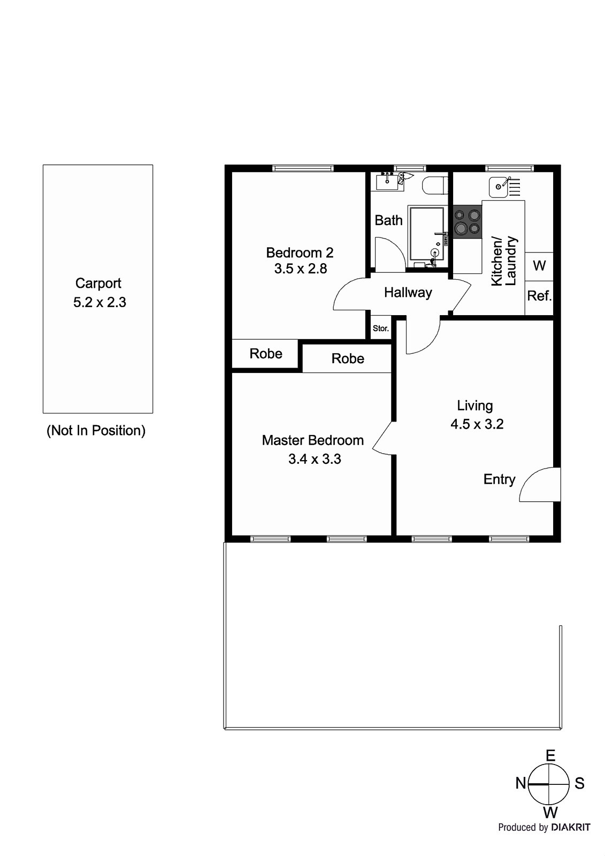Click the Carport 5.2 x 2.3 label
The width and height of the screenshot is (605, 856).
pyautogui.click(x=99, y=293)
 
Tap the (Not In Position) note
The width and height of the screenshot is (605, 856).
pyautogui.click(x=96, y=430)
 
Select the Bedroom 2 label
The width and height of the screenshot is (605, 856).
pyautogui.click(x=300, y=252)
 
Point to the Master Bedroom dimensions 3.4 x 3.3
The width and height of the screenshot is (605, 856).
pyautogui.click(x=315, y=459)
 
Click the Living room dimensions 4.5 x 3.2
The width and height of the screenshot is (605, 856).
pyautogui.click(x=477, y=424)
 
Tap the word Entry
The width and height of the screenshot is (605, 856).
pyautogui.click(x=499, y=479)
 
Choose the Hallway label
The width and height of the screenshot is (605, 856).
pyautogui.click(x=408, y=293)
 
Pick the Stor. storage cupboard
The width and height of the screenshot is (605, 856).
pyautogui.click(x=381, y=328)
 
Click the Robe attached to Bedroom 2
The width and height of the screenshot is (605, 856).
pyautogui.click(x=266, y=354)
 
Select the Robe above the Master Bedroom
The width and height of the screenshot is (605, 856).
pyautogui.click(x=348, y=358)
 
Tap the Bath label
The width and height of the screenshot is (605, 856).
pyautogui.click(x=388, y=220)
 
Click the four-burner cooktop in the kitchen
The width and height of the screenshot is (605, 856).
pyautogui.click(x=466, y=222)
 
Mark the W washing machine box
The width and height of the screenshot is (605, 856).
pyautogui.click(x=539, y=265)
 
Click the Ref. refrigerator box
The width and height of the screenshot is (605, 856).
pyautogui.click(x=539, y=296)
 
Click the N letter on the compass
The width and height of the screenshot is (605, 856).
pyautogui.click(x=520, y=783)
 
